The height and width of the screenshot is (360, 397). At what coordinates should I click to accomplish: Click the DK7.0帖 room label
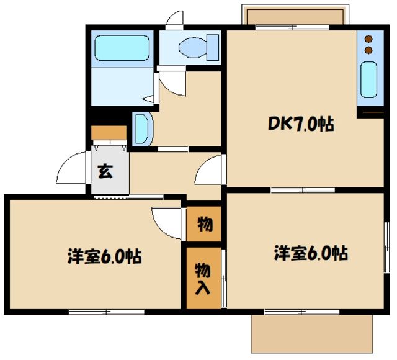click(301, 124)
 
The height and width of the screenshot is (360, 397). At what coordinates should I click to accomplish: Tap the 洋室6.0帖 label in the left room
click(104, 256)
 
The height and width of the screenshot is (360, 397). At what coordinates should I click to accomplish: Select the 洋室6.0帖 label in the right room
click(310, 253)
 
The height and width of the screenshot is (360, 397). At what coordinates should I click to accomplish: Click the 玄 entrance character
click(105, 172)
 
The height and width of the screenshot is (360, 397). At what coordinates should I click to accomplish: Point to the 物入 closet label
click(203, 277)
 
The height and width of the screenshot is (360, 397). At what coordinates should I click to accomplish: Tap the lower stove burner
click(368, 49)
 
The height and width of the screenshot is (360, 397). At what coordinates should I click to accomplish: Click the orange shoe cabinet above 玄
click(109, 132)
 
